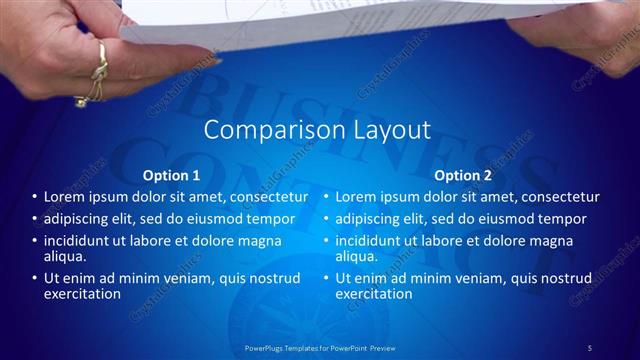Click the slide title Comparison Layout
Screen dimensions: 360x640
(317, 130)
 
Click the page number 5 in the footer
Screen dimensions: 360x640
(589, 347)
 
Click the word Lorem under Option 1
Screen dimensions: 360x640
(65, 197)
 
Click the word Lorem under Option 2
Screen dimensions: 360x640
(357, 197)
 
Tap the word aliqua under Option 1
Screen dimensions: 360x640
(64, 257)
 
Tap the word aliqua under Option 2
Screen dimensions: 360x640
(357, 257)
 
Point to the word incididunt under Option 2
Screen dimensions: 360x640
(370, 241)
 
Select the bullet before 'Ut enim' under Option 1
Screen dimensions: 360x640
(34, 279)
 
